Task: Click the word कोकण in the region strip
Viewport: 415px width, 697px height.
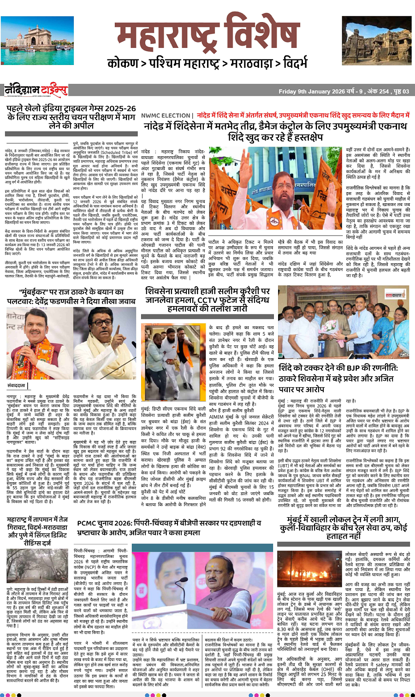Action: click(123, 63)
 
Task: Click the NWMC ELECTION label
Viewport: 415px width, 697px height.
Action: click(166, 116)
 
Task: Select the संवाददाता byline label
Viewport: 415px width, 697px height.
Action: click(17, 385)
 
